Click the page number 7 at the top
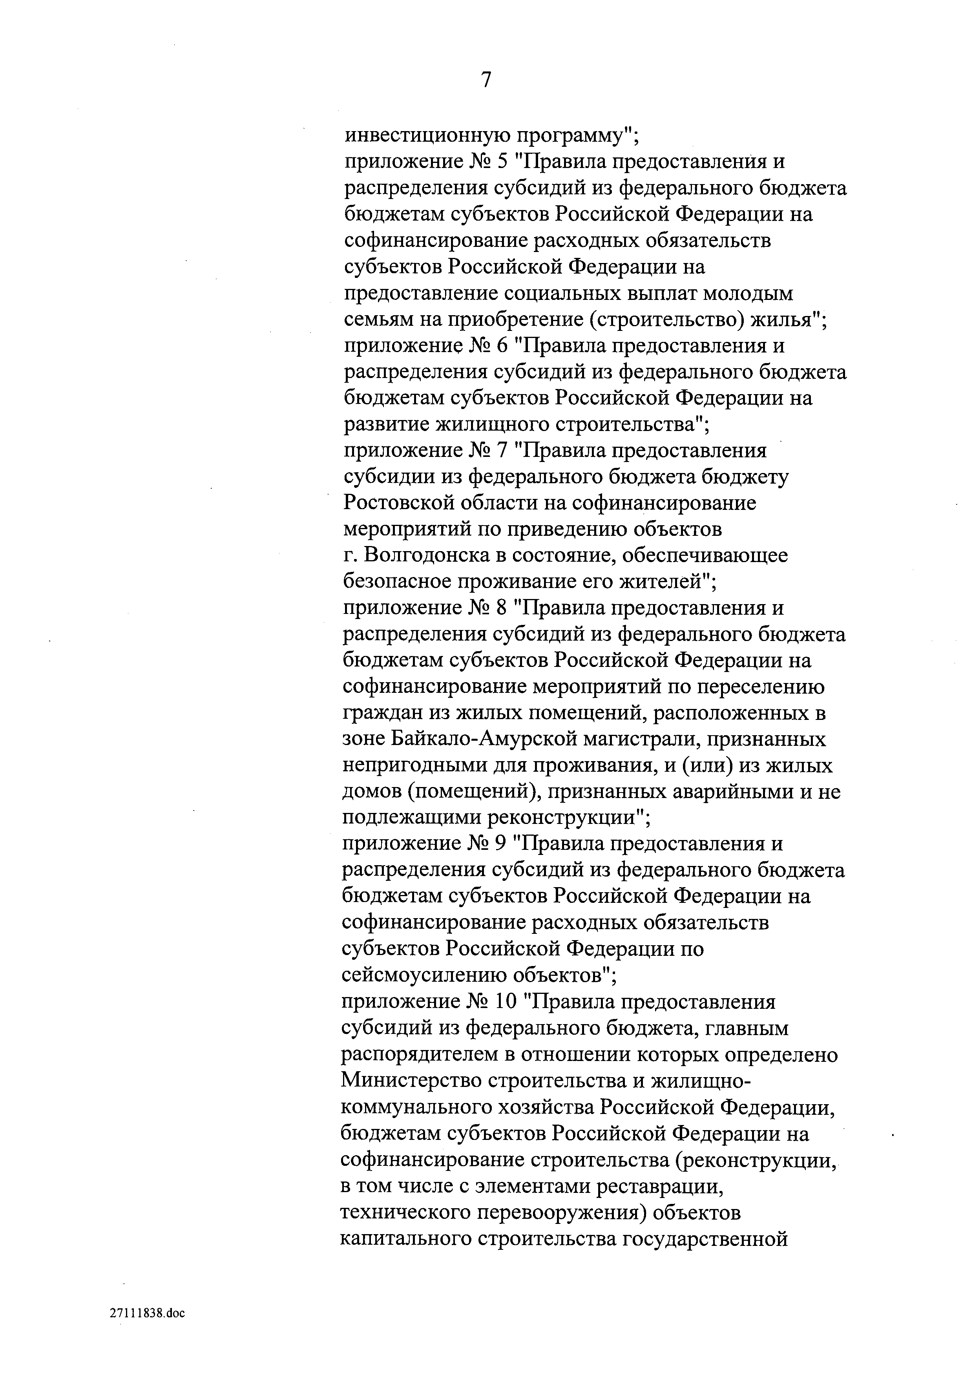click(486, 79)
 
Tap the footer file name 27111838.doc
click(148, 1313)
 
